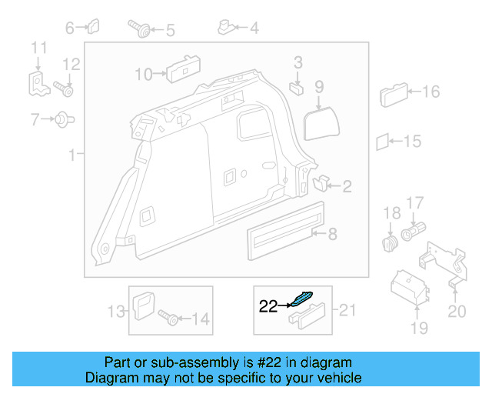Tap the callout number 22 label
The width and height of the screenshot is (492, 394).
click(x=268, y=306)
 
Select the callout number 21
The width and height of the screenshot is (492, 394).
click(x=348, y=310)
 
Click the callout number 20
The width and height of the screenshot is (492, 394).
click(x=456, y=312)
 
